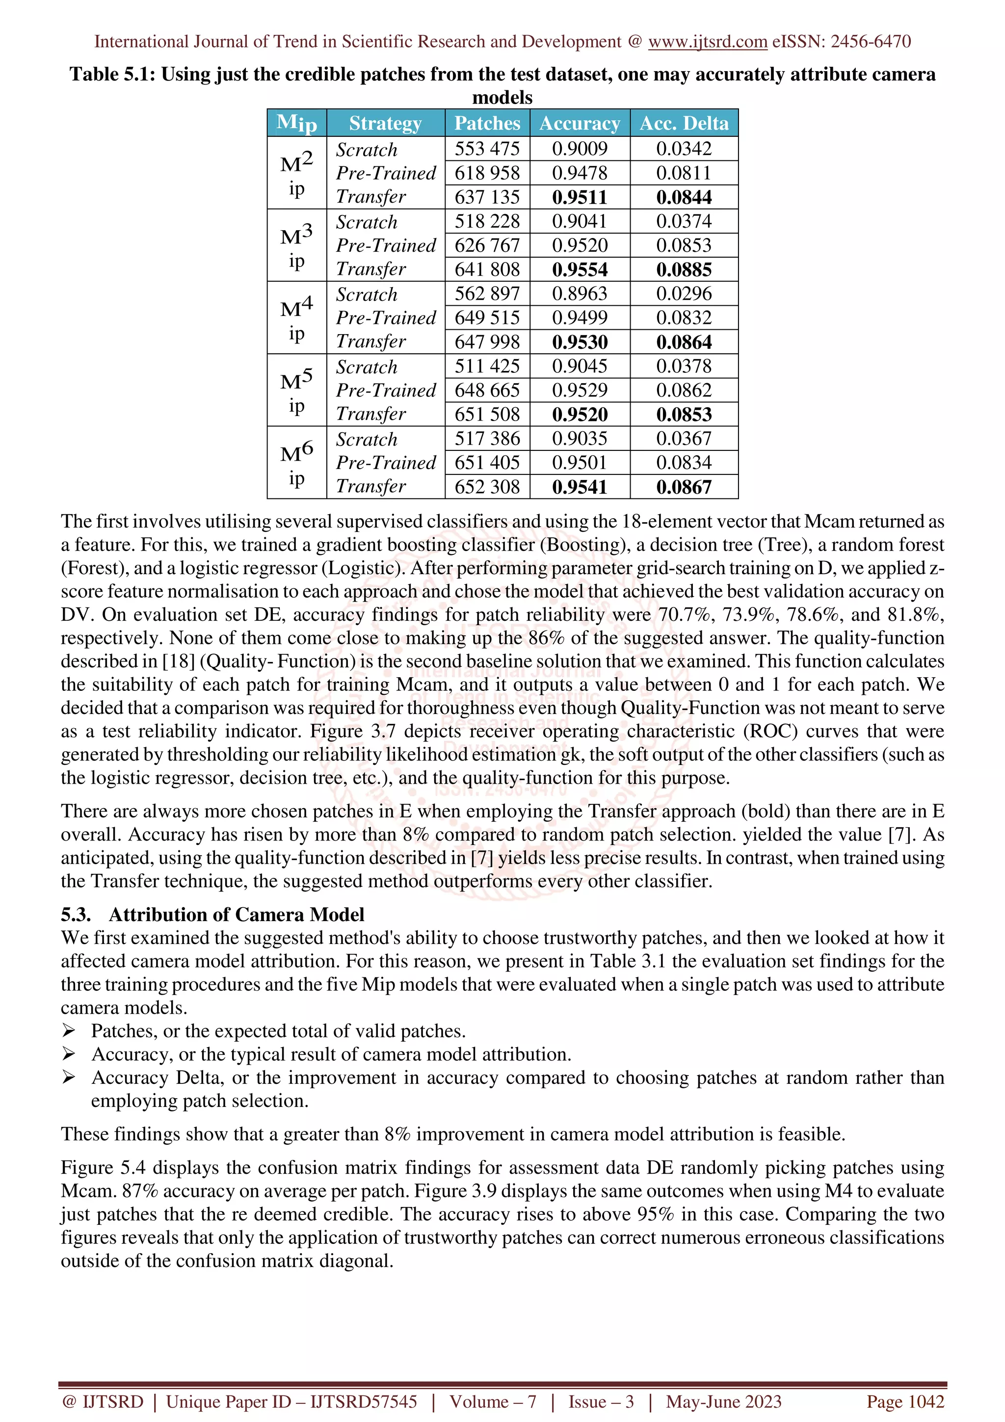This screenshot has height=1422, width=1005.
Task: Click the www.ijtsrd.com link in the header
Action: click(x=707, y=42)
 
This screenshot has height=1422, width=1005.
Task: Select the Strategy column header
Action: click(x=385, y=123)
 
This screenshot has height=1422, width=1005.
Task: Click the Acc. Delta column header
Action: click(x=684, y=123)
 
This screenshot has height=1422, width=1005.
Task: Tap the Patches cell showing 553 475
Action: click(x=487, y=149)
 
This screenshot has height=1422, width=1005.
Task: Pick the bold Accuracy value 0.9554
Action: click(x=580, y=269)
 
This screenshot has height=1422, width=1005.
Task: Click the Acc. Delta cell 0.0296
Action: click(x=684, y=293)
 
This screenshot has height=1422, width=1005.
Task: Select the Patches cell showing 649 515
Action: click(x=487, y=318)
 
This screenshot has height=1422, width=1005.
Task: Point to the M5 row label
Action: click(x=296, y=390)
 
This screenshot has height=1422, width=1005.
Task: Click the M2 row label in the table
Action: click(x=296, y=173)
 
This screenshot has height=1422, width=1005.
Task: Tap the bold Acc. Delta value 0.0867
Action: click(x=684, y=487)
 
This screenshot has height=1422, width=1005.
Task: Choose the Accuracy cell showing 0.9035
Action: click(x=580, y=439)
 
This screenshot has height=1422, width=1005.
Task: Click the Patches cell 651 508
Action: click(x=487, y=414)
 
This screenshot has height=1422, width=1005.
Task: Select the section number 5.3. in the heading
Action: click(x=76, y=915)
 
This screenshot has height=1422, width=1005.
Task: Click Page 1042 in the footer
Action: click(x=905, y=1401)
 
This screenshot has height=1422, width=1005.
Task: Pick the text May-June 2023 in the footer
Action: click(x=723, y=1401)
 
